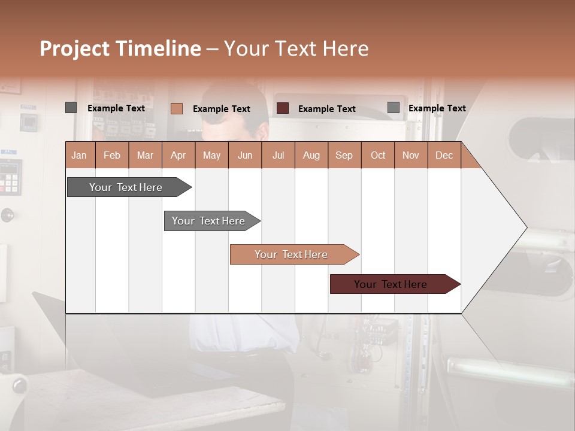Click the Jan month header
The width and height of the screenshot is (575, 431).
79,155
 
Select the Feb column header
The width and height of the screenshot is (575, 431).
112,155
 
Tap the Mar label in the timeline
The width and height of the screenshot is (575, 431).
145,155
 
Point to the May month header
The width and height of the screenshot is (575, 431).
211,155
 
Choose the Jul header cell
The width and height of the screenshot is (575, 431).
278,155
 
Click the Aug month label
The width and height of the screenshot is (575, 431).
311,155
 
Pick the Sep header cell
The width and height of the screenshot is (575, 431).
344,155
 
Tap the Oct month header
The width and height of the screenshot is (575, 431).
378,155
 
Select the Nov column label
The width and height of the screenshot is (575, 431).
411,155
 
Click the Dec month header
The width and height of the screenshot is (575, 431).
444,155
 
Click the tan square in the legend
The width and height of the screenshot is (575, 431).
176,108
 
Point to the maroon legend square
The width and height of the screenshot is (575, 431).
283,108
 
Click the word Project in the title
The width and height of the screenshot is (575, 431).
75,48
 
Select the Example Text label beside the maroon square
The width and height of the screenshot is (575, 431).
327,109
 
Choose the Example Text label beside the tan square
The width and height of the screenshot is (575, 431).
222,109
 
